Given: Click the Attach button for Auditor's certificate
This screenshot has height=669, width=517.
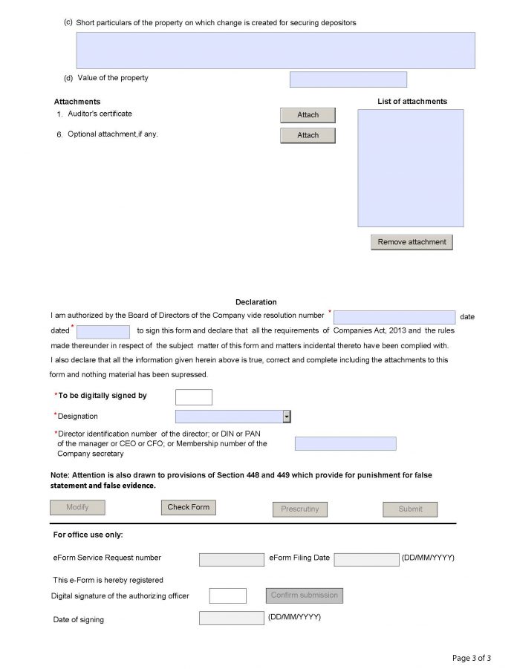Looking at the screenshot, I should point(308,115).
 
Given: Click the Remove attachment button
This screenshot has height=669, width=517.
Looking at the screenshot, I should point(412,242).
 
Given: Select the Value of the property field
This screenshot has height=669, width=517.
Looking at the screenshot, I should point(348,79).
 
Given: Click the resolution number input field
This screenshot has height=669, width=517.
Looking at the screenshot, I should point(394,317).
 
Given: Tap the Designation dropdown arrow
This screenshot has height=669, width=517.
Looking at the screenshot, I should point(287,417).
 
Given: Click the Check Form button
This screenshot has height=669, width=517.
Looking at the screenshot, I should point(188,507).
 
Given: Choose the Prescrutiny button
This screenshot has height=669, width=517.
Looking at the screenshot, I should point(299,509).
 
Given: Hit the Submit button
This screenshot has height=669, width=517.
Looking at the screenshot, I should point(410,509).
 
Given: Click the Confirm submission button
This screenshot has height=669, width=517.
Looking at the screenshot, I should point(304,595).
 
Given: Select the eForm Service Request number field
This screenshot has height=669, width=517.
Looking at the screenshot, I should point(231,559).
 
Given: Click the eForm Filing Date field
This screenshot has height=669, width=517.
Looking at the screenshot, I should point(366,559).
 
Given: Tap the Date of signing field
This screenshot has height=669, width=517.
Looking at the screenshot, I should point(231,618).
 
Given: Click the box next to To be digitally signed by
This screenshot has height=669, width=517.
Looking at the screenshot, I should point(193,397).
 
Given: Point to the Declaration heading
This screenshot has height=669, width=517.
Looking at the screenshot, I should point(256,302).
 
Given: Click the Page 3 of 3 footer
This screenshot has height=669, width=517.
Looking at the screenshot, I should point(472,658).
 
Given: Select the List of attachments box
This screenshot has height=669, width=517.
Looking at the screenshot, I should point(410,168).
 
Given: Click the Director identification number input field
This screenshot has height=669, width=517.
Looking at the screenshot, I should point(345,443).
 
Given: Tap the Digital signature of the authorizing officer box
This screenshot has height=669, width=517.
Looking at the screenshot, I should point(227,595).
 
